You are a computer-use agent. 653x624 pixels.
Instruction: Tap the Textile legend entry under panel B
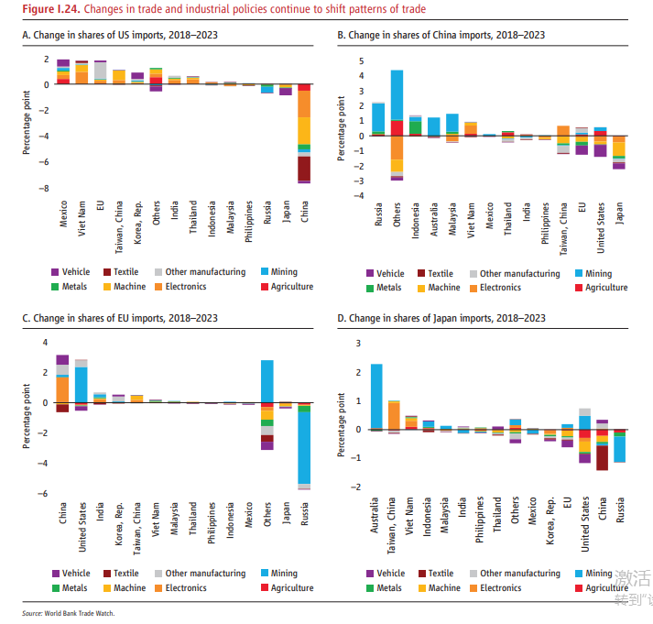(x=434, y=273)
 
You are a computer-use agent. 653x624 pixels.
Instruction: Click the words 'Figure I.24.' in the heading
(x=38, y=8)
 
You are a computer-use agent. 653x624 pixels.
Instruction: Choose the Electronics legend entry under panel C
(x=187, y=588)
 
